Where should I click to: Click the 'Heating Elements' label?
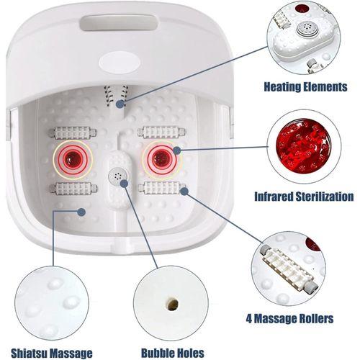coord(305,86)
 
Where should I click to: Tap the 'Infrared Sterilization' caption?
coord(304,197)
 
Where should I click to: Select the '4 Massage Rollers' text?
coord(289,318)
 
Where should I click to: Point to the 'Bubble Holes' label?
coord(173,353)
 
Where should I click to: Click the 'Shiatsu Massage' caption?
coord(52,354)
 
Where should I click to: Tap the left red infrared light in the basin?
coord(73,158)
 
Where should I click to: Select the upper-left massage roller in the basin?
coord(73,132)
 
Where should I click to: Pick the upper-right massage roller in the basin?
coord(161,132)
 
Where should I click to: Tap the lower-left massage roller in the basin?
coord(73,189)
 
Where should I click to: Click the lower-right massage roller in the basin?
coord(162,188)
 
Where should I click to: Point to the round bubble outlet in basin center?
coord(117,176)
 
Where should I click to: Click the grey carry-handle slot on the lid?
coord(120,23)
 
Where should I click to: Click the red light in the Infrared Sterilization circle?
coord(303,146)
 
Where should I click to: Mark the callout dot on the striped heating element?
coord(120,104)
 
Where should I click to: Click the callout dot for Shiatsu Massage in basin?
coord(81,212)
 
